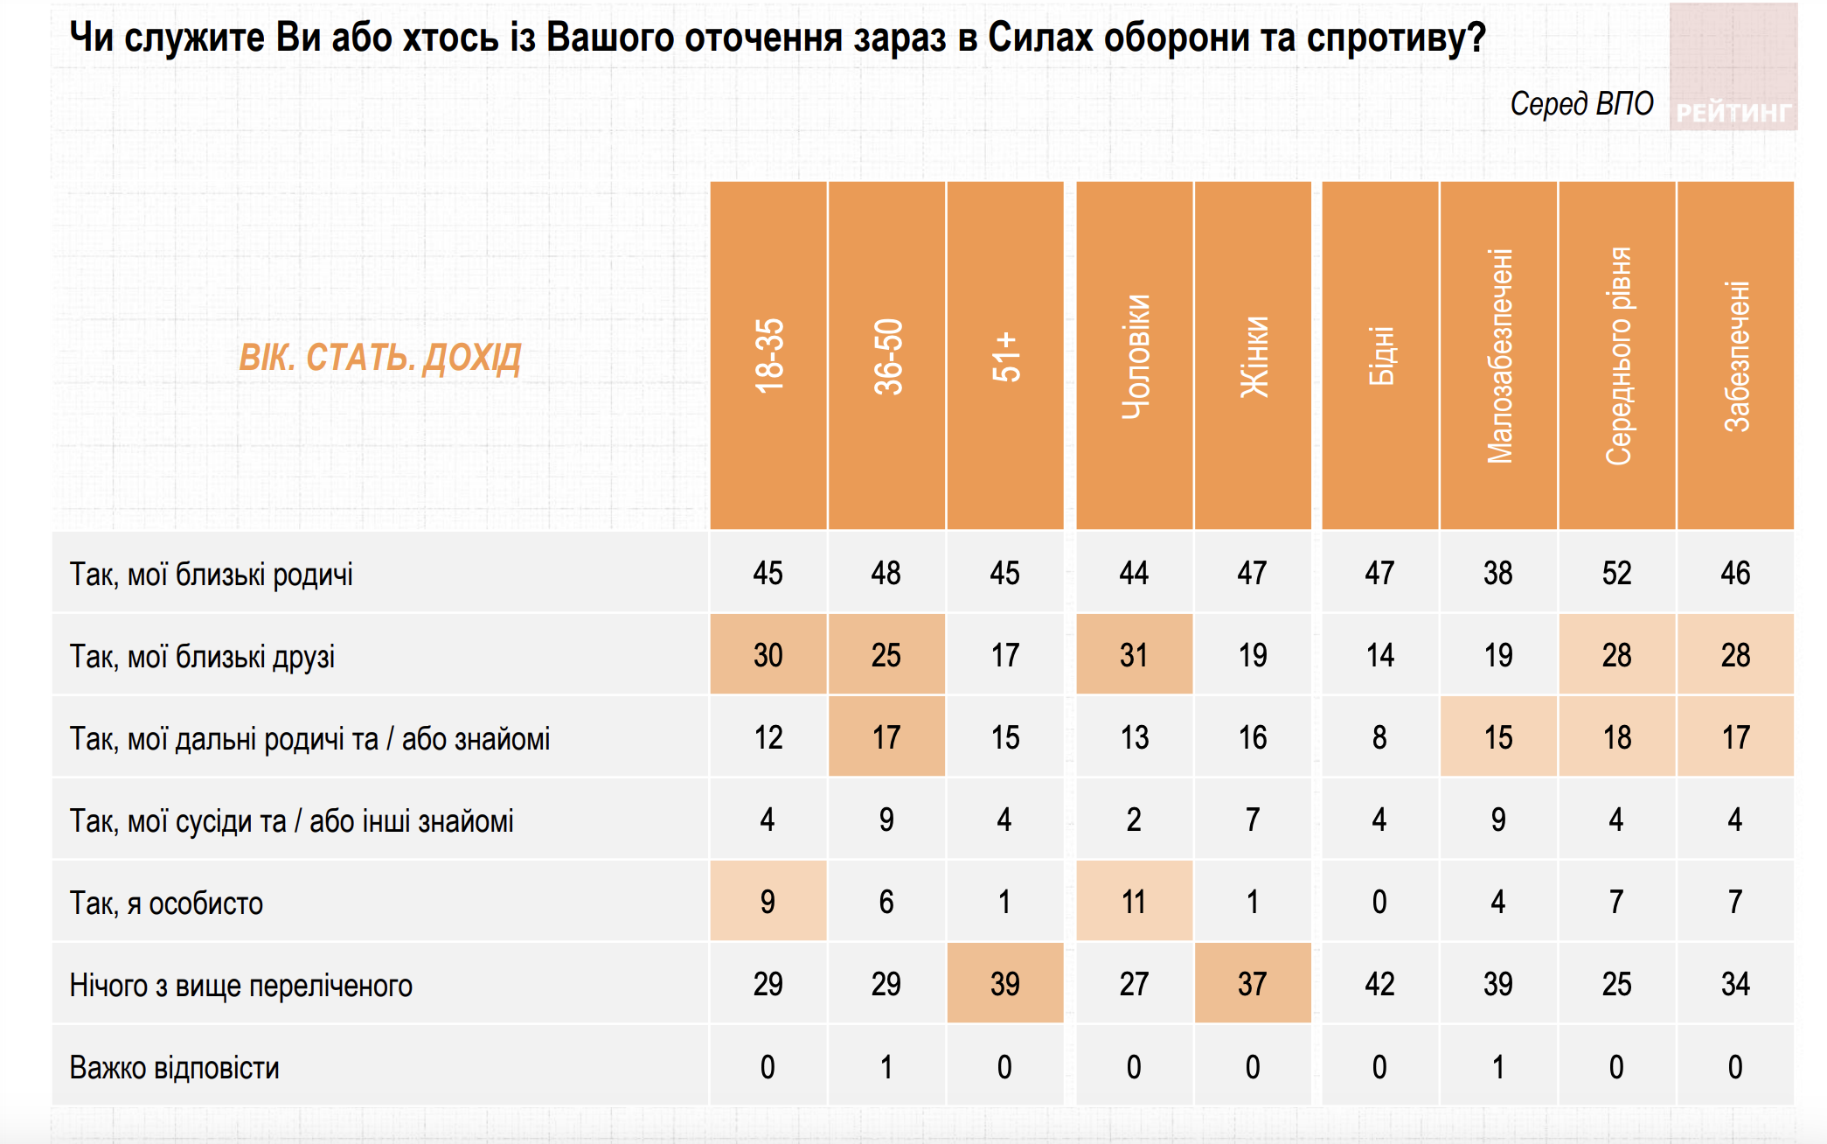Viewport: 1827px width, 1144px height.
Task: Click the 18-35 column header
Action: (x=768, y=355)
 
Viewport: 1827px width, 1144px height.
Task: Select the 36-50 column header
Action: (x=887, y=355)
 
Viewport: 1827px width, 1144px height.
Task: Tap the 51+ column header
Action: (x=1005, y=355)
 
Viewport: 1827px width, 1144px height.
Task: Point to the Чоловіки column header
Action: (x=1135, y=355)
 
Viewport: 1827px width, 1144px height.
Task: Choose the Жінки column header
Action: (x=1254, y=355)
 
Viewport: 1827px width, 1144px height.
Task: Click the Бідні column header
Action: (x=1380, y=355)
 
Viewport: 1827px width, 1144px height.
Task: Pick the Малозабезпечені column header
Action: (x=1499, y=355)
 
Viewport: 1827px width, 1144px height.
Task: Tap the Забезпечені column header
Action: (x=1736, y=355)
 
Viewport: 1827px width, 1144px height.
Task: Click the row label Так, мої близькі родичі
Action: (x=212, y=575)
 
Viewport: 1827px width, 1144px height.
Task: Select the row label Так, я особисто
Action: (x=166, y=903)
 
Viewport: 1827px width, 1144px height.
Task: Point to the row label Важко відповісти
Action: (x=175, y=1068)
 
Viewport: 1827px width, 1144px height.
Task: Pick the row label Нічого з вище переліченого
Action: (x=241, y=986)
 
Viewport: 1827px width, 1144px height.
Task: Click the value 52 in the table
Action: (x=1617, y=574)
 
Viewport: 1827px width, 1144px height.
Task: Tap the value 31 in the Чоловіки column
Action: (x=1134, y=656)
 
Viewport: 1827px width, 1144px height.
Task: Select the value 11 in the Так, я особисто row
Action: (x=1134, y=903)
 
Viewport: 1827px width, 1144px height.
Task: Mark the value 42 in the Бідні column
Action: (x=1379, y=985)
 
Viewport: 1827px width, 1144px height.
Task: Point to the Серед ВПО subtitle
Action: (x=1581, y=104)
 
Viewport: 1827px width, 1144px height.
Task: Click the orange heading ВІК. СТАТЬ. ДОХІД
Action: (x=380, y=358)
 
